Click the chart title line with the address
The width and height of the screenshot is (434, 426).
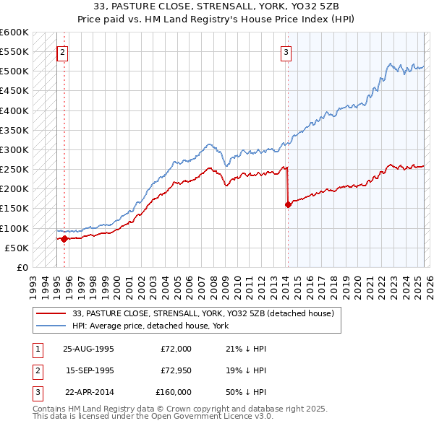[x=217, y=6]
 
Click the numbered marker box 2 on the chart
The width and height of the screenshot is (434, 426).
[x=63, y=52]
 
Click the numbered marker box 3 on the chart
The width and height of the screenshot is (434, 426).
[x=286, y=52]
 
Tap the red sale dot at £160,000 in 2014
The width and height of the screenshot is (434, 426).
[x=288, y=204]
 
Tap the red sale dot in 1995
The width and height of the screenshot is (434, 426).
[x=64, y=238]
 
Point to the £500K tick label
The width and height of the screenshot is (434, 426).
[x=14, y=71]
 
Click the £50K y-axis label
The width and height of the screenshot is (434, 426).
[x=17, y=248]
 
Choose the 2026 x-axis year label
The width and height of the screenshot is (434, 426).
[x=429, y=282]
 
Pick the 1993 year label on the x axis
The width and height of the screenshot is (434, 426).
[x=33, y=282]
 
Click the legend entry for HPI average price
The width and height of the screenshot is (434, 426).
[x=150, y=326]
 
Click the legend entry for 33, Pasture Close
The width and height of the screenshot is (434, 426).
[x=203, y=314]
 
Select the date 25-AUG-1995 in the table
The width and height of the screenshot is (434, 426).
[x=89, y=349]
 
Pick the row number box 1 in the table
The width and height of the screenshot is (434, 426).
[x=38, y=349]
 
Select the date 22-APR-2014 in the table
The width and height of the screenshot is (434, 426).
[x=89, y=392]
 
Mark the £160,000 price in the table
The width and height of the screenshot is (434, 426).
[x=174, y=392]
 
